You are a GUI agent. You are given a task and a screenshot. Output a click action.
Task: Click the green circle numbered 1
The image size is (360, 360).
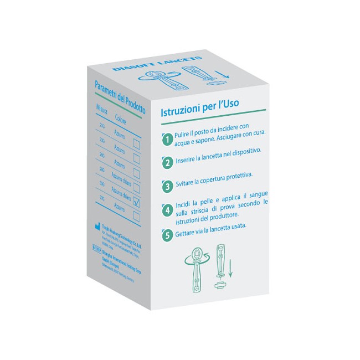167,140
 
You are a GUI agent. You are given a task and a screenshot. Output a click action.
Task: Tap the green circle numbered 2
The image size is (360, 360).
167,162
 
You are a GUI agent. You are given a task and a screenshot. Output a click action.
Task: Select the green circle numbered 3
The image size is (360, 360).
167,185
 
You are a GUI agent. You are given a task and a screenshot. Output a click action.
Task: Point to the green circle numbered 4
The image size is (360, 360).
167,210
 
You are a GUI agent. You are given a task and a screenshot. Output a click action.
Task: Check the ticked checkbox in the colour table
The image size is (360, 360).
136,203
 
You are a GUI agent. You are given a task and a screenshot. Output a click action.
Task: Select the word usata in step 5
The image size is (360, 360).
235,227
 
